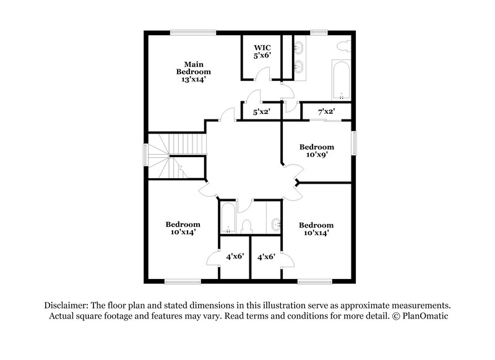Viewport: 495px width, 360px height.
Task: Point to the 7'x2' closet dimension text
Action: [x=326, y=112]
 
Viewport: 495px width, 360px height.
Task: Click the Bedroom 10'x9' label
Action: [x=317, y=151]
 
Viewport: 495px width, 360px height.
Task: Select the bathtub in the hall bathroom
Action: [x=227, y=218]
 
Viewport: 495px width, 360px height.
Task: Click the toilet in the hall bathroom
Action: [x=246, y=226]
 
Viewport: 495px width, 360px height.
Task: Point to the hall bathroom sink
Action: [x=275, y=223]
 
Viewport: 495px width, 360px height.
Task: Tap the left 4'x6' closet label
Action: [x=234, y=255]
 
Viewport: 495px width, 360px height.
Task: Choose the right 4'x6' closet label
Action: [x=266, y=255]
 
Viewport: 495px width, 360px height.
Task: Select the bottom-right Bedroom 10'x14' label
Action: [x=316, y=229]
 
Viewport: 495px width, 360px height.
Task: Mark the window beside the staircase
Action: [x=146, y=155]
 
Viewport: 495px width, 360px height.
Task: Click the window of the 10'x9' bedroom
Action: [x=355, y=144]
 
